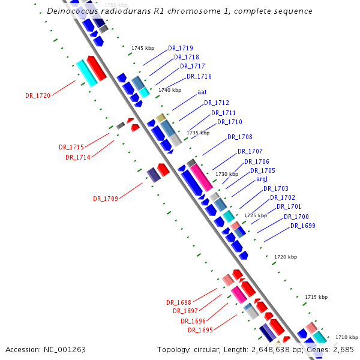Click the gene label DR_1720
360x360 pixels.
point(38,95)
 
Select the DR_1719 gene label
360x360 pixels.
point(180,47)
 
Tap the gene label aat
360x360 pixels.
point(202,92)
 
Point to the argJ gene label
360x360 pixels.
point(262,179)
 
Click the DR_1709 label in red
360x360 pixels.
point(105,198)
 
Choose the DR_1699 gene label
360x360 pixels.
point(302,226)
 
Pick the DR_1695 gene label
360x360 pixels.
point(200,330)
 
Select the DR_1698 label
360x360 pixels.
point(178,302)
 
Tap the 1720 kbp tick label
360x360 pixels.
point(285,257)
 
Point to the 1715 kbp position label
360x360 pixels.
point(316,297)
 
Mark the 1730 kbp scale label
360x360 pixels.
point(226,174)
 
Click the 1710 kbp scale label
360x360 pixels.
point(346,337)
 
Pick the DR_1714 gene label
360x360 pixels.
point(77,157)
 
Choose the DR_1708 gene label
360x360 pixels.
point(239,137)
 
